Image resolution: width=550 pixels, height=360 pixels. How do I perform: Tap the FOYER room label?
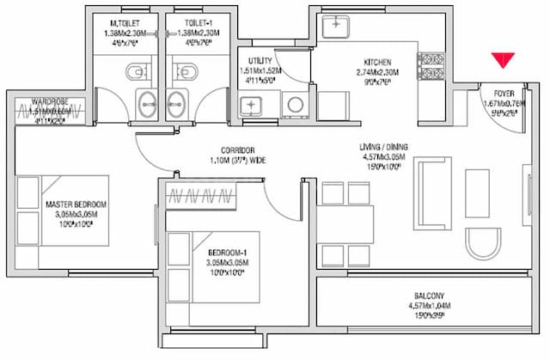tap(503, 93)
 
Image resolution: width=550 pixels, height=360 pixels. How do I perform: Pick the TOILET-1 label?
tap(186, 21)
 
